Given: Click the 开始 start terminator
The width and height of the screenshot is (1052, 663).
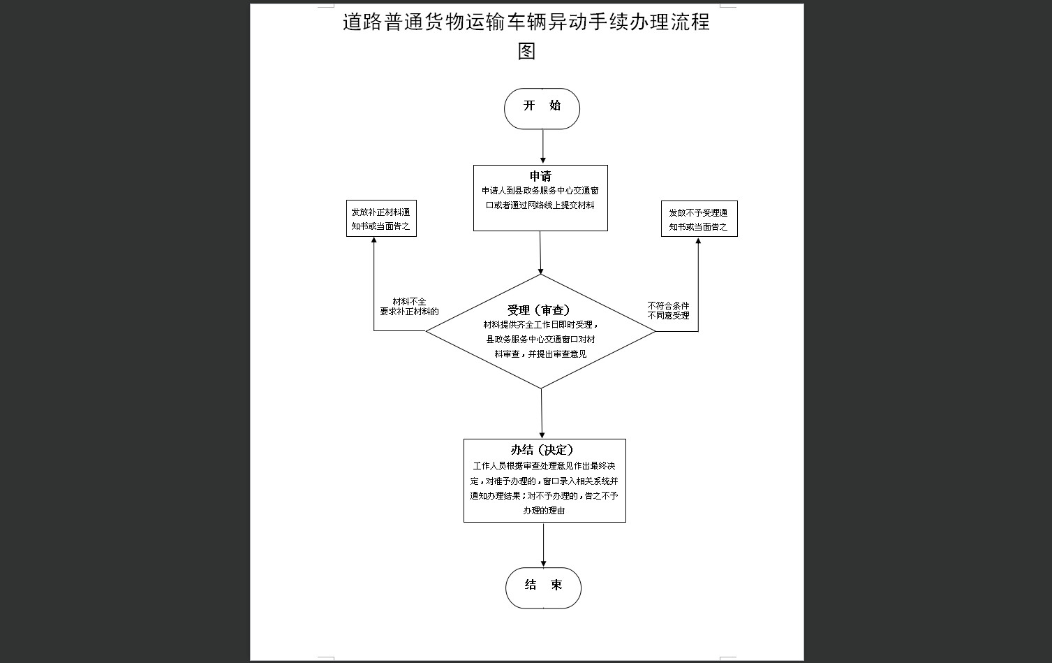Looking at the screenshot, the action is tap(542, 108).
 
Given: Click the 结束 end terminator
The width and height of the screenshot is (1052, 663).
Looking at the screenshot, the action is tap(543, 588).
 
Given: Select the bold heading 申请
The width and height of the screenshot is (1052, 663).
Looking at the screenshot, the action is tap(540, 176).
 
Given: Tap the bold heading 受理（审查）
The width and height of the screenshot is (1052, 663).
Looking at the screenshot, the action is tap(539, 310).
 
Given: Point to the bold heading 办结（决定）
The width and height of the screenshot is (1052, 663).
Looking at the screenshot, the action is tap(542, 450).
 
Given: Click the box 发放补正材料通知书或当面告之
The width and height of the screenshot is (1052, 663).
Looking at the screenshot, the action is tap(381, 219).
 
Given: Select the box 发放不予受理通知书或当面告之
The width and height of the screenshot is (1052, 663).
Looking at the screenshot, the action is tap(699, 219).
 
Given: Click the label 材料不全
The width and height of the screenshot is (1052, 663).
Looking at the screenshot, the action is tap(409, 302).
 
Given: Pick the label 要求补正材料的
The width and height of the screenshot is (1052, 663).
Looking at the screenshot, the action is tap(409, 312).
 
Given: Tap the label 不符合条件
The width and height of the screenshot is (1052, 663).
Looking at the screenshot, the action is tap(668, 306).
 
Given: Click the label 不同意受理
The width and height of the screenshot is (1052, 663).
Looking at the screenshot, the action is tap(668, 316).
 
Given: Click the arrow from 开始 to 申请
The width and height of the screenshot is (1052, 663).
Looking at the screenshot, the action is tap(543, 147).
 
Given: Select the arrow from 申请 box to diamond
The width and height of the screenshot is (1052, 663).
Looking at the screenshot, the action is tap(540, 253).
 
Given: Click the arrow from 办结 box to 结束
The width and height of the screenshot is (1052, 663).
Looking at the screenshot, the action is tap(543, 545).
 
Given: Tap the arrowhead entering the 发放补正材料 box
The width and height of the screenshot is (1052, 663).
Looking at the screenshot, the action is tap(374, 240).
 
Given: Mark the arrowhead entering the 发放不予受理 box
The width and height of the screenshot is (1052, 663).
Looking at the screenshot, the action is tap(698, 240).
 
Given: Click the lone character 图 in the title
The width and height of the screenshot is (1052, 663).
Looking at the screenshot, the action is tap(526, 51).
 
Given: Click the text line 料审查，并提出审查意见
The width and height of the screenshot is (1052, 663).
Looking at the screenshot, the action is tap(540, 354).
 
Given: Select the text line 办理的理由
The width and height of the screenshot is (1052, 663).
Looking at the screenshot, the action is tap(544, 510).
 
